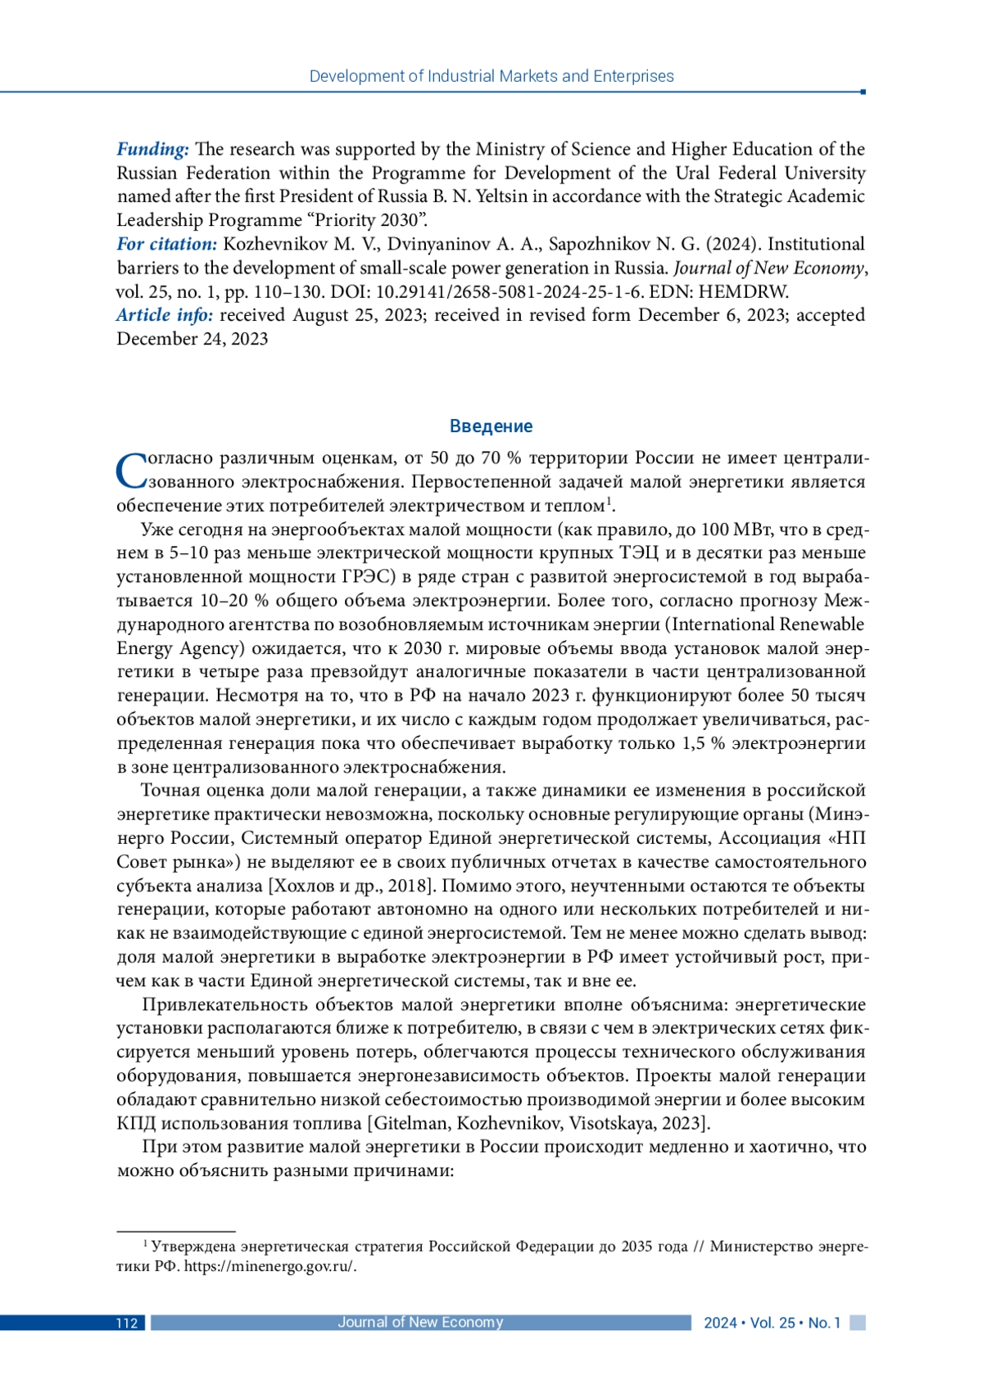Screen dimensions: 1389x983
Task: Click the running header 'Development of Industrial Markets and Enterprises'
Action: pyautogui.click(x=491, y=76)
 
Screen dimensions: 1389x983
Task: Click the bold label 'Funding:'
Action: pyautogui.click(x=153, y=149)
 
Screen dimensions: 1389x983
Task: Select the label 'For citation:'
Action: pyautogui.click(x=167, y=244)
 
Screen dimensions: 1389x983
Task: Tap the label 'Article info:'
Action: pyautogui.click(x=165, y=315)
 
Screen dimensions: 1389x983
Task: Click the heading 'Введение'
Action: pyautogui.click(x=491, y=426)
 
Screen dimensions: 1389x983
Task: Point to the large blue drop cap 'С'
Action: pyautogui.click(x=131, y=471)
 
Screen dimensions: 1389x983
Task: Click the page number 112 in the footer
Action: pyautogui.click(x=126, y=1324)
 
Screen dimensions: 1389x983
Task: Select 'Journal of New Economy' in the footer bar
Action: pyautogui.click(x=420, y=1323)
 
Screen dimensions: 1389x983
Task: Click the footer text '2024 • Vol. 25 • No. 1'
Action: pyautogui.click(x=772, y=1324)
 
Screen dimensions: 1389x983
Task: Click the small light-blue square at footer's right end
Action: pyautogui.click(x=858, y=1323)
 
